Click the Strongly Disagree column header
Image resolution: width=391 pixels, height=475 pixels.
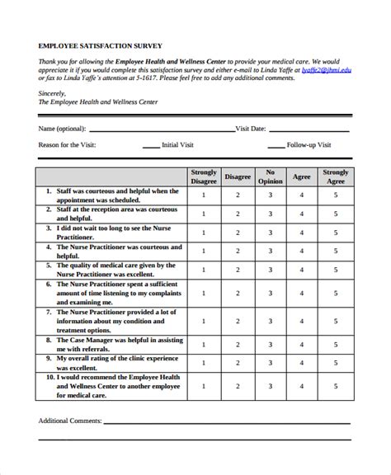tap(204, 176)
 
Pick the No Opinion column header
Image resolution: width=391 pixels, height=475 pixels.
tap(270, 176)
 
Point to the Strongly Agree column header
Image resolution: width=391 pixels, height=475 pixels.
tap(336, 176)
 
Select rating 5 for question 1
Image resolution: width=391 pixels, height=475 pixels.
tap(336, 195)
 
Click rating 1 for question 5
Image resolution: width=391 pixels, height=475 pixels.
tap(204, 270)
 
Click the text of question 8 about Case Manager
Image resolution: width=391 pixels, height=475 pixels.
tap(112, 344)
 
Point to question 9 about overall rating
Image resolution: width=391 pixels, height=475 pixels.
tap(112, 364)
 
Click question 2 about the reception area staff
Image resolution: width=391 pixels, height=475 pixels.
tap(112, 214)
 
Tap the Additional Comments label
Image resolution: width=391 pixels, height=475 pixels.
tap(70, 421)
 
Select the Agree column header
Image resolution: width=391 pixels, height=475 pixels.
tap(302, 176)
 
